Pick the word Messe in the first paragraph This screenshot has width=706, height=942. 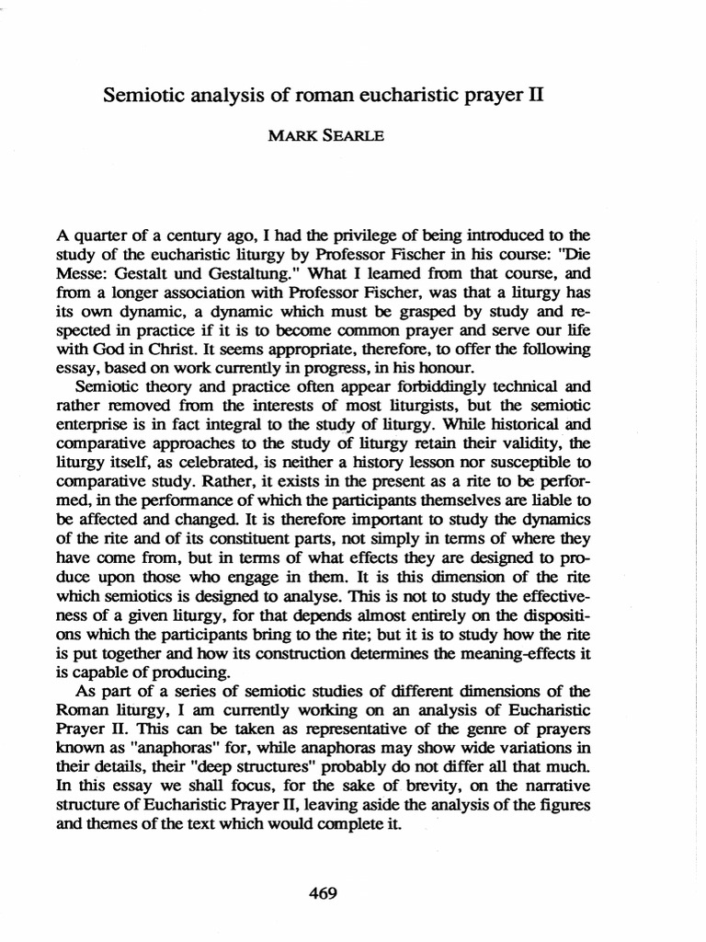pos(79,275)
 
